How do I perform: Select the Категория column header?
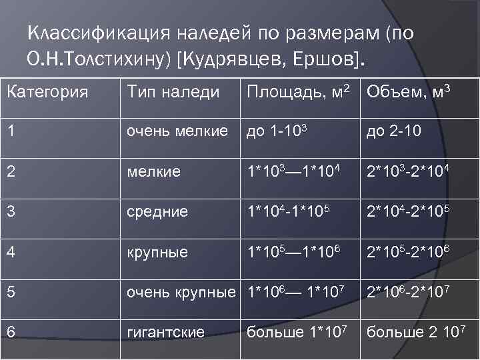point(47,91)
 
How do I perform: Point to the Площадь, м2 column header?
point(298,91)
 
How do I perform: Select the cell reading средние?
point(157,212)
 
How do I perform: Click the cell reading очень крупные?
point(181,292)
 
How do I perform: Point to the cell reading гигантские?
point(166,332)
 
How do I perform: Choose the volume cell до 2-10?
point(393,131)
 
